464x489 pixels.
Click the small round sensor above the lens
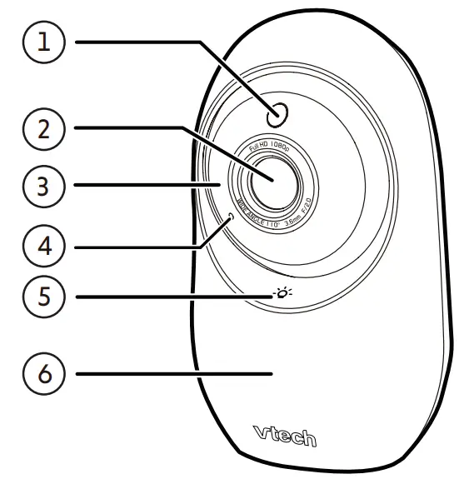tap(277, 114)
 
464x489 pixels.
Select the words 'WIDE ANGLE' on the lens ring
tap(249, 214)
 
